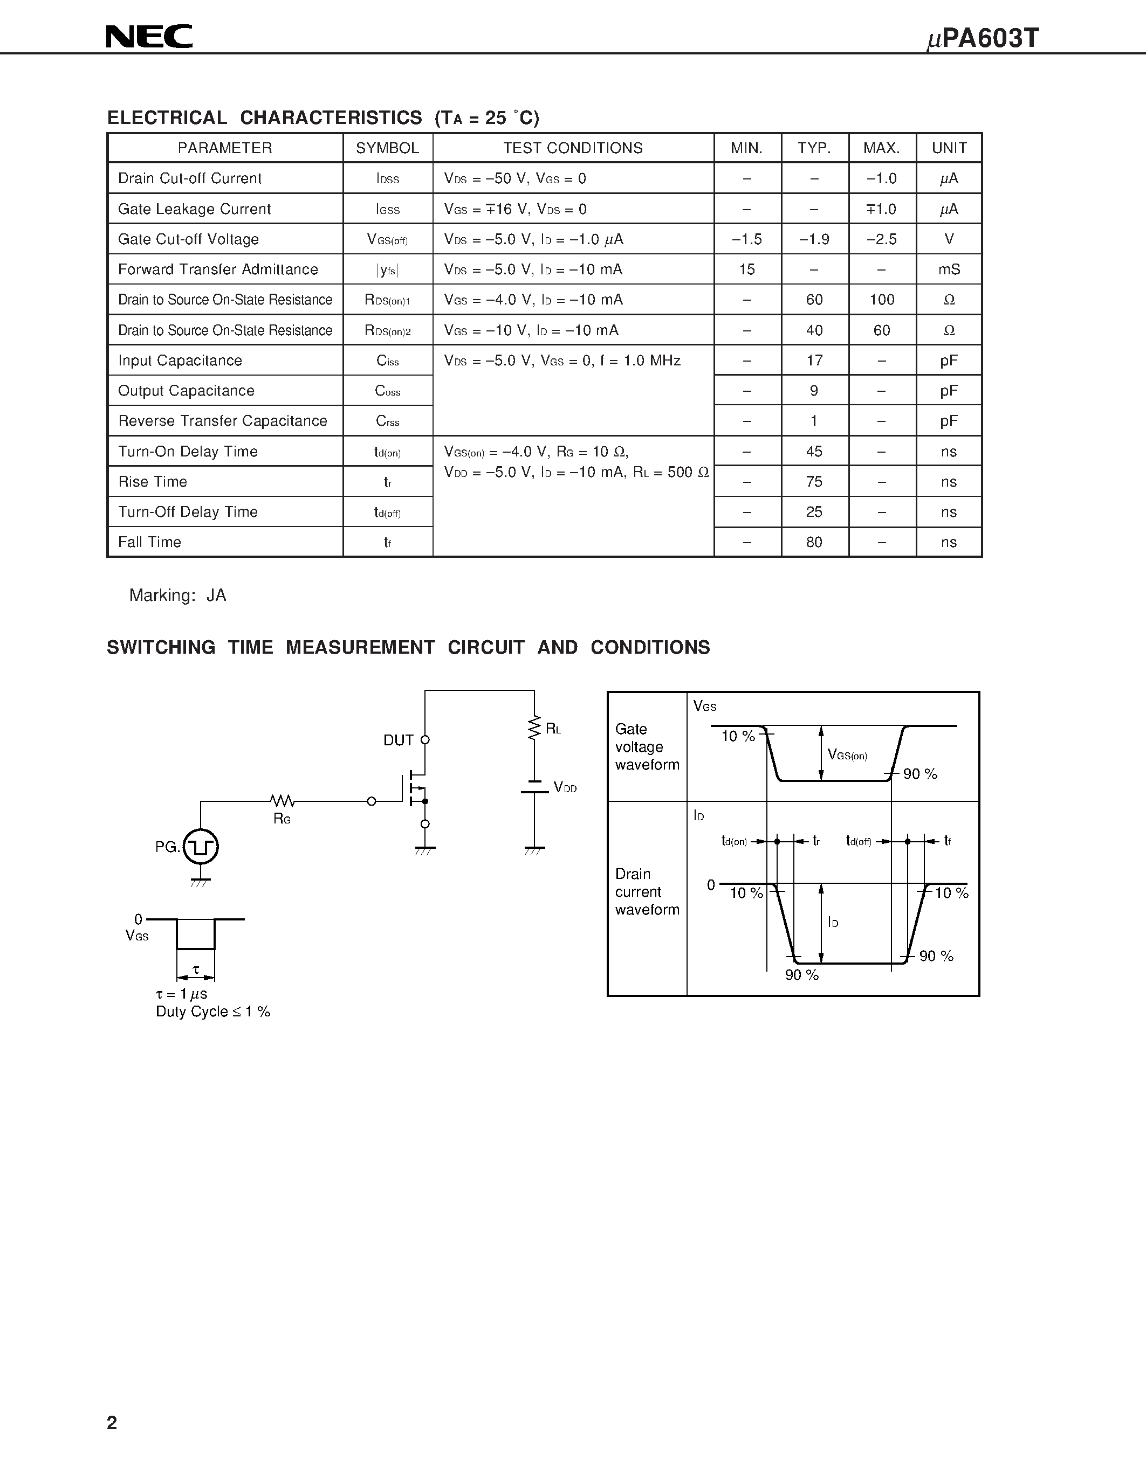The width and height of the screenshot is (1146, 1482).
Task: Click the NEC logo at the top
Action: (x=149, y=37)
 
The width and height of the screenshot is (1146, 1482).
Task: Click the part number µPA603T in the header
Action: (x=983, y=39)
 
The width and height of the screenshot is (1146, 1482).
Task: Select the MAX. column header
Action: (x=881, y=148)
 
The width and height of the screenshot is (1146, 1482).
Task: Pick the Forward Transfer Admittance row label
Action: (x=218, y=269)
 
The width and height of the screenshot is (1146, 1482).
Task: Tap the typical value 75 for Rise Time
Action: (x=814, y=482)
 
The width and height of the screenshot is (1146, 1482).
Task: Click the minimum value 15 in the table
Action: (x=747, y=269)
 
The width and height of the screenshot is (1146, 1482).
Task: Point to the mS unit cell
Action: (x=949, y=269)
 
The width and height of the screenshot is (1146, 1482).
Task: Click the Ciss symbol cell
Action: (x=388, y=361)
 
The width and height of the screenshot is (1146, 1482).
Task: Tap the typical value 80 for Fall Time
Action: (x=814, y=542)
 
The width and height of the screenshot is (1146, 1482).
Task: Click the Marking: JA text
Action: (x=178, y=595)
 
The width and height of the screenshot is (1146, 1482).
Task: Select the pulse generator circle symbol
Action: (x=201, y=846)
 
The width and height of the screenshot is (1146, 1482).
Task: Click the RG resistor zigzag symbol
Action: (x=282, y=801)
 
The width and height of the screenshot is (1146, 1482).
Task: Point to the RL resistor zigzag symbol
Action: (x=534, y=728)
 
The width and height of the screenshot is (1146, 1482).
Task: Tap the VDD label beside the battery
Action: (x=565, y=788)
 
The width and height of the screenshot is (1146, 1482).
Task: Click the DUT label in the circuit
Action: (x=399, y=740)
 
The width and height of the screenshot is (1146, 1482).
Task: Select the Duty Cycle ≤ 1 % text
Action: (x=212, y=1012)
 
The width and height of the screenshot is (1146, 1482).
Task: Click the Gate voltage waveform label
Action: (x=646, y=746)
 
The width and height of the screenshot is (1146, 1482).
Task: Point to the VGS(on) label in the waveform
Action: (x=847, y=754)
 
